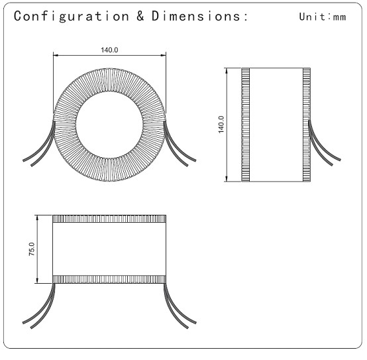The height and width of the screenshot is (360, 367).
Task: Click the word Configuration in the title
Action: (72, 17)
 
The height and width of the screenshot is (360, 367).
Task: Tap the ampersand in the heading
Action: (140, 16)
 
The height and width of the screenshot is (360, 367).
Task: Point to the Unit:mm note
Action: (323, 17)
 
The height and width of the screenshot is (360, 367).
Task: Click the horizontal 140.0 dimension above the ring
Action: (109, 50)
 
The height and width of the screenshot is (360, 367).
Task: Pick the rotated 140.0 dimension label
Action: (221, 125)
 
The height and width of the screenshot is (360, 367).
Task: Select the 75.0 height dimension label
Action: (31, 249)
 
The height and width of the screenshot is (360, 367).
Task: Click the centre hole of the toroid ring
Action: (109, 125)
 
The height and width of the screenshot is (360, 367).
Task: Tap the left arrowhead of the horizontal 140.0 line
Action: (56, 56)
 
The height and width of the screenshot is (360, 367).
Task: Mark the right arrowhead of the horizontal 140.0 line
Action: (164, 56)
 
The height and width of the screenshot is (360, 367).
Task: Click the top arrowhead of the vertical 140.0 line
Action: (227, 70)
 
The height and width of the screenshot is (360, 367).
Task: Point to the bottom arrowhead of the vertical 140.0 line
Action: (227, 179)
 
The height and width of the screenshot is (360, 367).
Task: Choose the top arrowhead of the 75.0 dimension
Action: (37, 217)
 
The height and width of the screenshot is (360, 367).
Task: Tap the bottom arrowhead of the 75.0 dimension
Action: (37, 280)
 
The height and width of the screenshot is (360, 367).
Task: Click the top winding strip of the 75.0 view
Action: (109, 219)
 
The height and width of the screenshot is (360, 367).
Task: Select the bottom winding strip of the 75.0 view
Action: (109, 279)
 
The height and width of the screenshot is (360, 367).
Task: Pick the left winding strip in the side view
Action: (246, 125)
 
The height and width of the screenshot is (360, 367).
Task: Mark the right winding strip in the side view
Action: (307, 125)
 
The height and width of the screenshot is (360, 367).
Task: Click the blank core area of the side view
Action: (276, 125)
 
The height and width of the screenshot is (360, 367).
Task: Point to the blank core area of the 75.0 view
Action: (109, 249)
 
